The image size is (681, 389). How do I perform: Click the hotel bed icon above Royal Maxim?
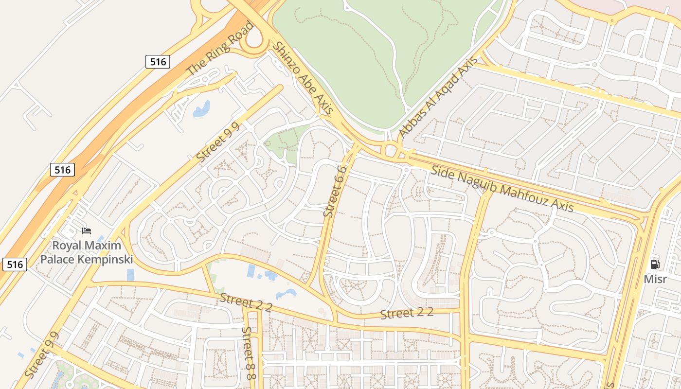[x=87, y=230]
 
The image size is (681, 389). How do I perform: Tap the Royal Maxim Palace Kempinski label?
[x=87, y=252]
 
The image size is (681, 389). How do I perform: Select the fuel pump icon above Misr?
[x=655, y=265]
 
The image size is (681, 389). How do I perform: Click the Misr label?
[x=655, y=279]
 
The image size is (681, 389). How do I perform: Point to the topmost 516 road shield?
[x=158, y=62]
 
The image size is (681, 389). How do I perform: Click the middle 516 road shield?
[x=62, y=170]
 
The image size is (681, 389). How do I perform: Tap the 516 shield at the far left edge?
[x=15, y=264]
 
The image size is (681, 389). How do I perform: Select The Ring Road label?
[x=220, y=48]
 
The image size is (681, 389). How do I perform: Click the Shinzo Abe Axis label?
[x=303, y=78]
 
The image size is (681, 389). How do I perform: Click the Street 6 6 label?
[x=336, y=192]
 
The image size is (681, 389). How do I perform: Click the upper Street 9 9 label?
[x=218, y=142]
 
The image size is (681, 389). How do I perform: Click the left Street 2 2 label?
[x=245, y=302]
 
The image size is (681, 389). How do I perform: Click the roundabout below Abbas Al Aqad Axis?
[x=391, y=149]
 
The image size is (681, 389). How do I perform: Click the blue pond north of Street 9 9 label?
[x=202, y=109]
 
